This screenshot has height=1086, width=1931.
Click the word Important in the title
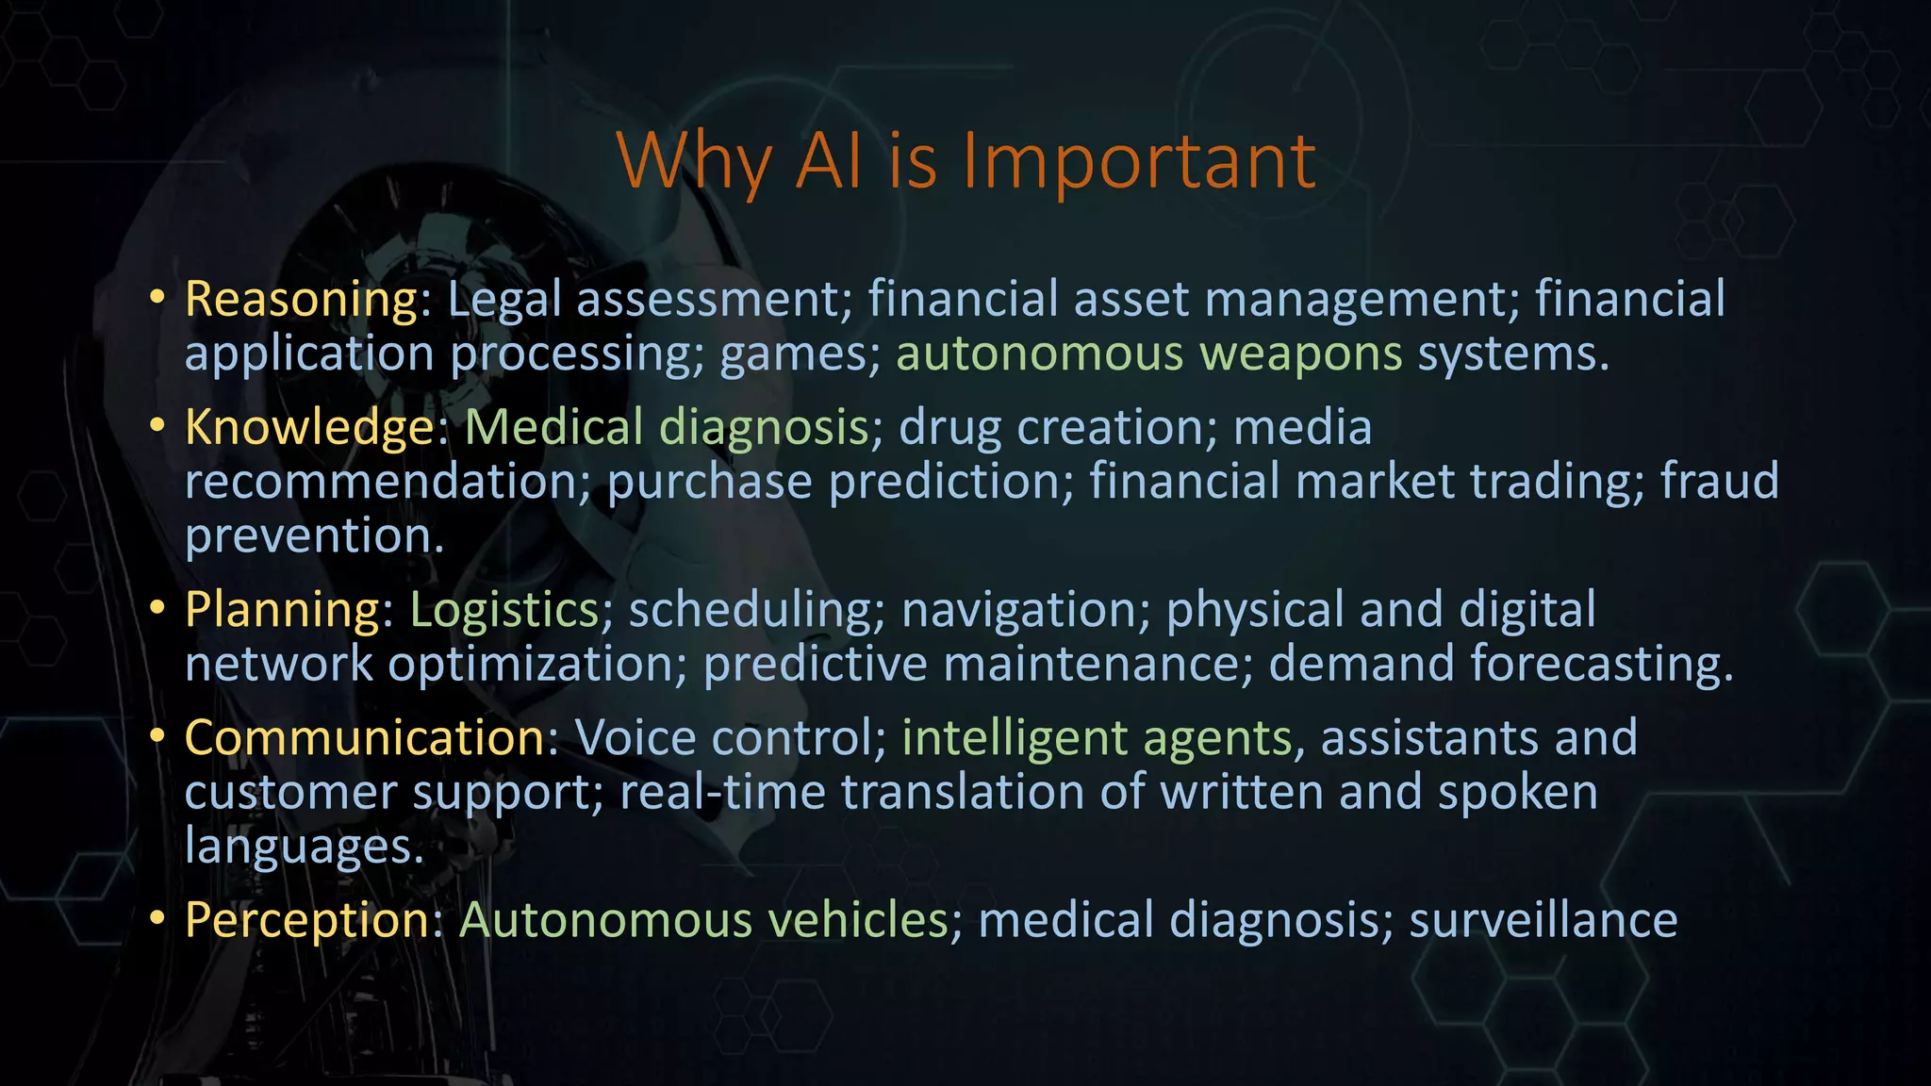[1138, 161]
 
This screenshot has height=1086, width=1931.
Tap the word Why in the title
[693, 161]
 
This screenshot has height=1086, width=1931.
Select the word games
[792, 354]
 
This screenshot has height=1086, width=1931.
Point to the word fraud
[1719, 481]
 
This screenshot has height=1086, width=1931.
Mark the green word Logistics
[504, 610]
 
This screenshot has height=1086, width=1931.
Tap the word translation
[962, 792]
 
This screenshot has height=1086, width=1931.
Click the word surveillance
[1543, 920]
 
